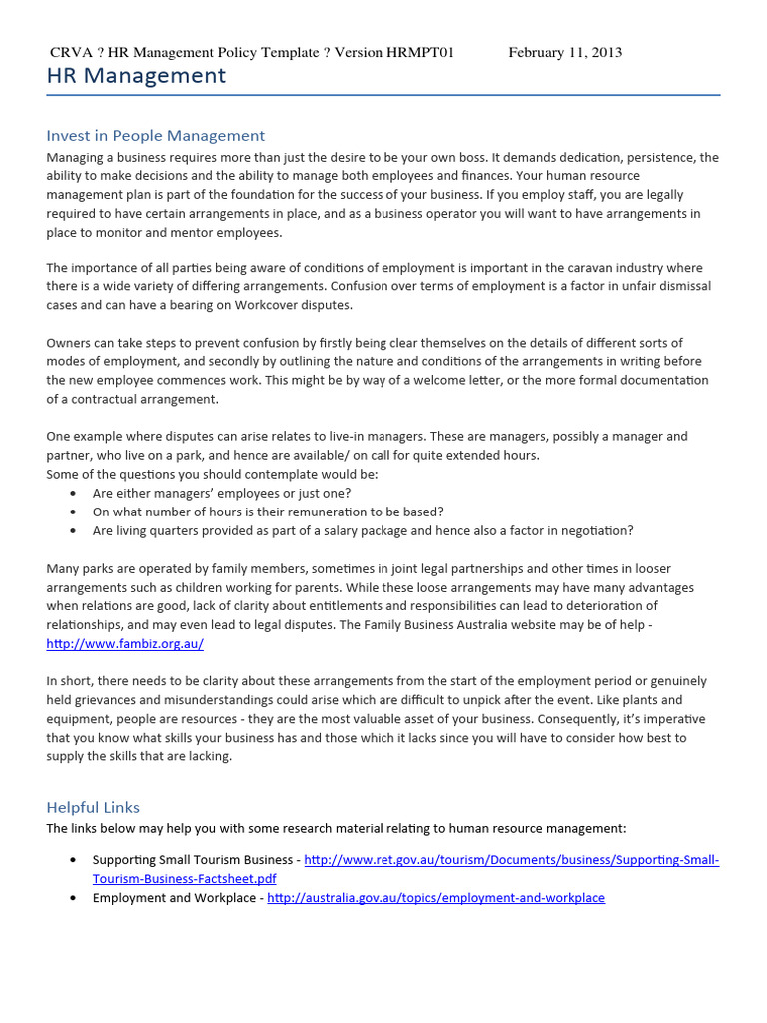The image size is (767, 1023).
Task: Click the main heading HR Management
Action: pyautogui.click(x=137, y=76)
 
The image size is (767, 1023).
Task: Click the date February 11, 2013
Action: pyautogui.click(x=565, y=52)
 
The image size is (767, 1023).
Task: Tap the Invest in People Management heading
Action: pyautogui.click(x=155, y=135)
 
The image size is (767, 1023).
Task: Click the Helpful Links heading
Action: pyautogui.click(x=93, y=807)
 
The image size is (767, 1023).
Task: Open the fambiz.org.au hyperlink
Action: pyautogui.click(x=125, y=644)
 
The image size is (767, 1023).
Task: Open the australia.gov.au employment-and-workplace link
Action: pyautogui.click(x=435, y=897)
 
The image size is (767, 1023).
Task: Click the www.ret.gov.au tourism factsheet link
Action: pyautogui.click(x=510, y=860)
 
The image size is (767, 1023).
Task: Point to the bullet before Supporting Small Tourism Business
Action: pyautogui.click(x=74, y=860)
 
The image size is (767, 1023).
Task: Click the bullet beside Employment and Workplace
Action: pyautogui.click(x=74, y=898)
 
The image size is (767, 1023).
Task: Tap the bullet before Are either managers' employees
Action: pyautogui.click(x=74, y=493)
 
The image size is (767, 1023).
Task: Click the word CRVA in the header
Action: pyautogui.click(x=70, y=52)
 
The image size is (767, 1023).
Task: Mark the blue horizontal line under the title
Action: pyautogui.click(x=383, y=95)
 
